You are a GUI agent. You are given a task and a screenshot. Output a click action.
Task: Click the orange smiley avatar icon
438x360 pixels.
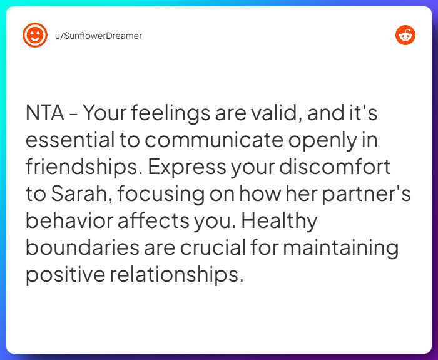35,36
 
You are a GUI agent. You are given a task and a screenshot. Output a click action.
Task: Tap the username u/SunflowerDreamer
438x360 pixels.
98,36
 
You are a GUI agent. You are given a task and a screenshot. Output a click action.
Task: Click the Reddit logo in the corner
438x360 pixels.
405,36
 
